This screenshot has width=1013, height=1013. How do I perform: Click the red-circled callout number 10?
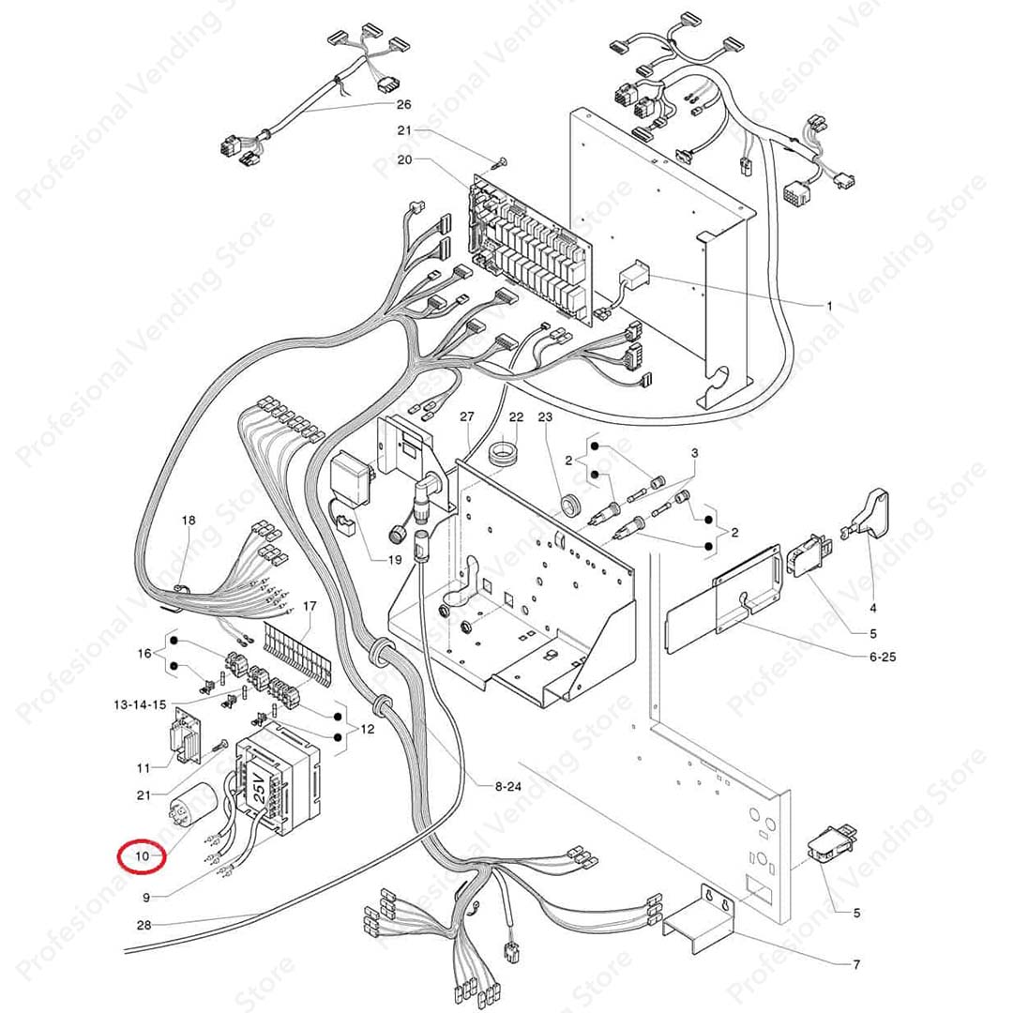[x=143, y=856]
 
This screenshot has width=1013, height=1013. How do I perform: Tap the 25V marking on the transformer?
[x=258, y=790]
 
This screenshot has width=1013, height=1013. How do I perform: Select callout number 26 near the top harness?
[x=403, y=105]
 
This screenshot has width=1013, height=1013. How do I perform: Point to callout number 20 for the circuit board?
[x=404, y=159]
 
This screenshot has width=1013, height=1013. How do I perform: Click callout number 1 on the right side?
[x=829, y=306]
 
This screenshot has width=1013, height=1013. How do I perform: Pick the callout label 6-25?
[x=883, y=657]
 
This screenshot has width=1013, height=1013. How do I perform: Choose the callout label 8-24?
[x=507, y=786]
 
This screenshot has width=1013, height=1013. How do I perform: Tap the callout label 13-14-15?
[x=140, y=704]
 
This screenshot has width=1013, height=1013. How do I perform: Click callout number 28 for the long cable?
[x=144, y=925]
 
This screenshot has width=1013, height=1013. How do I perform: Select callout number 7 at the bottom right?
[x=856, y=964]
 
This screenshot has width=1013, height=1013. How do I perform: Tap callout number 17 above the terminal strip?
[x=310, y=606]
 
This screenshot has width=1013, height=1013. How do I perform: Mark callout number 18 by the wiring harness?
[x=188, y=520]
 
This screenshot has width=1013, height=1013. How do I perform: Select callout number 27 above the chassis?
[x=467, y=416]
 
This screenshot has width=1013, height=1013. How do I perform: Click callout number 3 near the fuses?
[x=694, y=453]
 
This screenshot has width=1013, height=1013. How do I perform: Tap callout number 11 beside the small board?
[x=144, y=768]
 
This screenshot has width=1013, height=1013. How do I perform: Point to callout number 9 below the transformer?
[x=146, y=898]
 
